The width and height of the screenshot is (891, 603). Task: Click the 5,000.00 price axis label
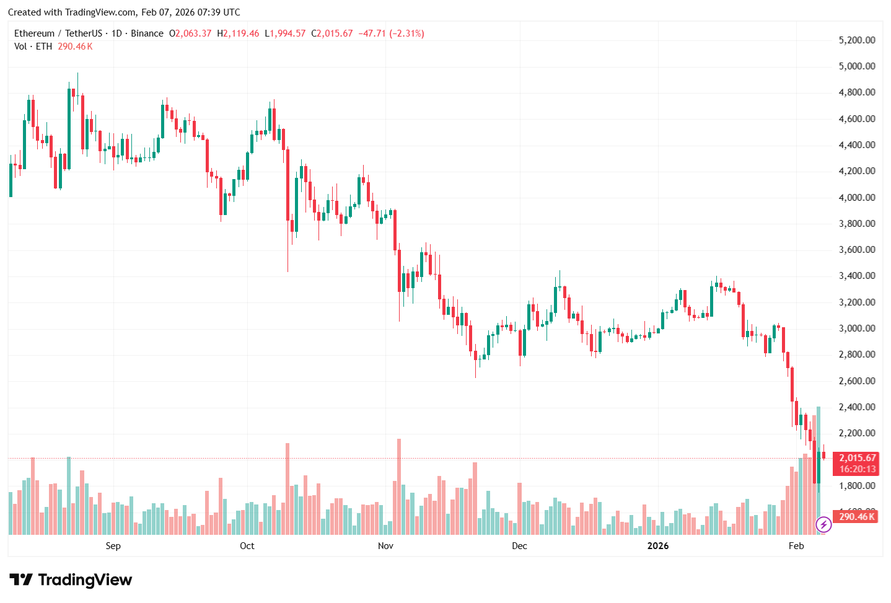(x=856, y=66)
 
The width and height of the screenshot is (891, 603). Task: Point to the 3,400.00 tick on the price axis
(x=856, y=276)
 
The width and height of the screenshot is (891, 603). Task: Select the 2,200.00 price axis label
(x=856, y=433)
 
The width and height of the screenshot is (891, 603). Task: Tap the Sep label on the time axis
(x=113, y=546)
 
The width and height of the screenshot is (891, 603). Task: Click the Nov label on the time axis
(x=385, y=546)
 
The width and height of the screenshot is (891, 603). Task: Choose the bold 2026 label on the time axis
(x=657, y=546)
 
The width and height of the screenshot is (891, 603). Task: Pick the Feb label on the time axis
(x=796, y=546)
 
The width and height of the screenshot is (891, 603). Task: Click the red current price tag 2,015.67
(x=857, y=458)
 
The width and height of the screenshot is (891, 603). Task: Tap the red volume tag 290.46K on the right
(x=856, y=516)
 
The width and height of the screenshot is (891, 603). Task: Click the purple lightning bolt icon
(x=823, y=525)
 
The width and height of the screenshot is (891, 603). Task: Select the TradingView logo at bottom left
(x=71, y=580)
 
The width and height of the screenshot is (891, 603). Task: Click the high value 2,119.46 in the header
(x=240, y=33)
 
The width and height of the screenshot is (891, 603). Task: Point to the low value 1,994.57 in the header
(x=287, y=33)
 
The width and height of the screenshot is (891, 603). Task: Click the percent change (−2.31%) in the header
(x=406, y=33)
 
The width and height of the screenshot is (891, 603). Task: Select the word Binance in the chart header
(x=147, y=33)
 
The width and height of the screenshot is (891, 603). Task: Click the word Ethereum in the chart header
(x=34, y=33)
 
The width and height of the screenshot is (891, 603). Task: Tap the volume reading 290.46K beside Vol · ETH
(x=75, y=46)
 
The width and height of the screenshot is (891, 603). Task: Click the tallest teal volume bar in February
(x=819, y=471)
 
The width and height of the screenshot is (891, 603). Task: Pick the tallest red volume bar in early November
(x=399, y=486)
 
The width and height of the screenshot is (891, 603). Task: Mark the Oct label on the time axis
(x=247, y=546)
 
